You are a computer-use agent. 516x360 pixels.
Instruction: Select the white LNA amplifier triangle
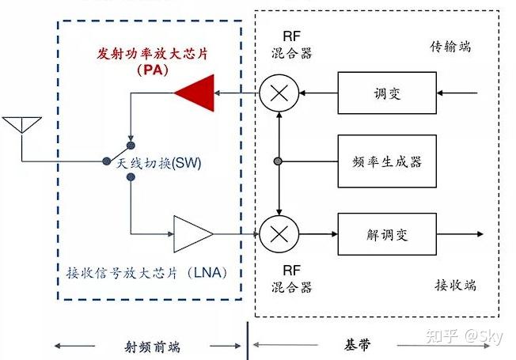(192, 234)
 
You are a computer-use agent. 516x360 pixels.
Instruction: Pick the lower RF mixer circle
(279, 234)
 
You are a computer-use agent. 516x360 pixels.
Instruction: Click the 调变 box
(387, 95)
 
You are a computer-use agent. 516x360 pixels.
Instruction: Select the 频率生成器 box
(387, 162)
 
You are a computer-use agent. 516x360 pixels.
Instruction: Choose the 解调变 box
(387, 234)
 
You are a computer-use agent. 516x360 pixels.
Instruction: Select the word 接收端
(455, 285)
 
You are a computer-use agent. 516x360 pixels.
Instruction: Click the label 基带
(357, 345)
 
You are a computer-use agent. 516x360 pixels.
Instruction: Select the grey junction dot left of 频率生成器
(279, 162)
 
